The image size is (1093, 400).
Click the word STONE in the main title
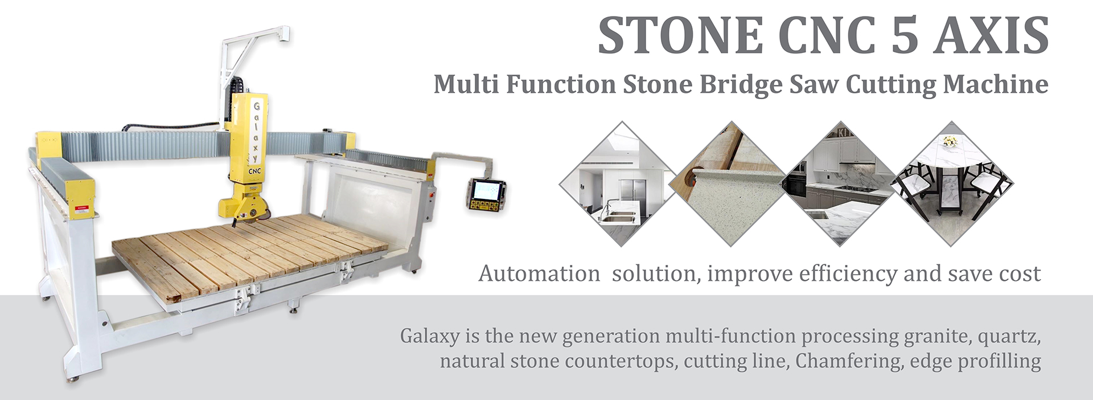tap(680, 35)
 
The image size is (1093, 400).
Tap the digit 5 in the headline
tap(905, 35)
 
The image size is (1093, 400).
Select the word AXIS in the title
tap(992, 35)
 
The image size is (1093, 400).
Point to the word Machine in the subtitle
tap(996, 84)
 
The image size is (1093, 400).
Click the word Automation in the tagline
tap(539, 274)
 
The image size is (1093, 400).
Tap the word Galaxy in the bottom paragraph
tap(429, 336)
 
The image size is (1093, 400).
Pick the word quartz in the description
tap(1009, 337)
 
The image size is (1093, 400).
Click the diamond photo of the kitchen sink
tap(618, 183)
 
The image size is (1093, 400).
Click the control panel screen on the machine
tap(486, 190)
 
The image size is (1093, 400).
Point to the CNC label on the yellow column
tap(254, 170)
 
